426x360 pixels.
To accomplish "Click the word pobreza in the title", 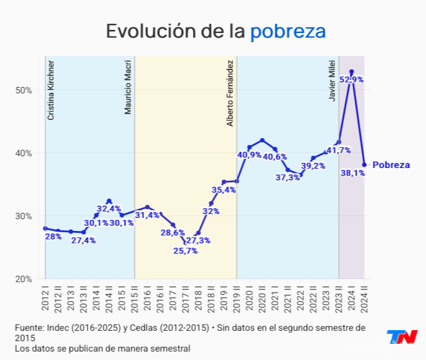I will point(288,32).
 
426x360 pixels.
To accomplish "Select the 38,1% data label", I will point(353,173).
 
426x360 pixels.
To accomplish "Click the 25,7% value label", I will point(185,251).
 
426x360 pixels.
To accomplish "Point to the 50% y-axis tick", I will point(24,90).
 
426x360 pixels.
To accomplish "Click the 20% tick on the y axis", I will point(24,279).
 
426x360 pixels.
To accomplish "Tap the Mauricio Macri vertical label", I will point(128,88).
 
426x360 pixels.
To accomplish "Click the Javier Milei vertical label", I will point(332,80).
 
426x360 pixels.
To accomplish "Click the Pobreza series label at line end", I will point(391,165).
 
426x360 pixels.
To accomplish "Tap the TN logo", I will point(402,337).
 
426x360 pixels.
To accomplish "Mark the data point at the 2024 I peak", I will point(351,72).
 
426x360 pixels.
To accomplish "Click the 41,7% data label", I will point(338,150).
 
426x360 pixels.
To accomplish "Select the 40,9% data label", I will point(249,155).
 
